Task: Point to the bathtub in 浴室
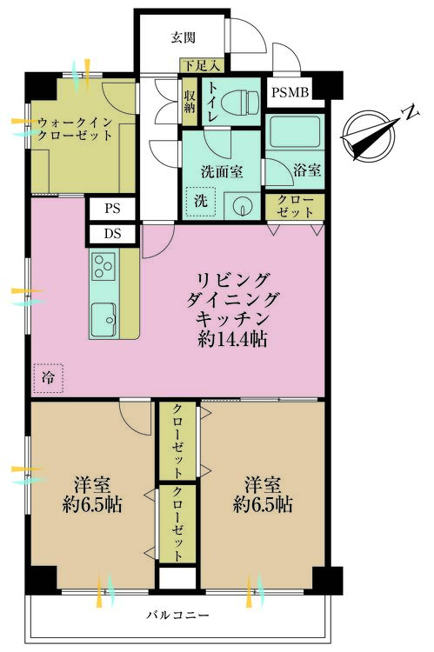click(x=295, y=133)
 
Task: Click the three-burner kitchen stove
click(x=103, y=263)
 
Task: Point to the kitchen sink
click(x=103, y=319)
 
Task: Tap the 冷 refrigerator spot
click(x=47, y=377)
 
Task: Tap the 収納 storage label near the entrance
click(x=190, y=97)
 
